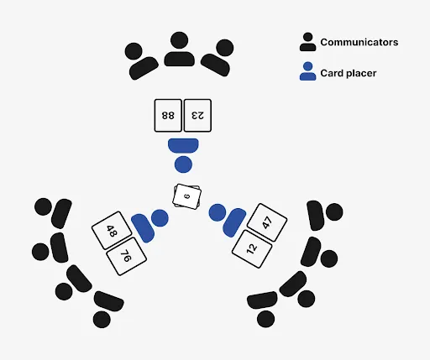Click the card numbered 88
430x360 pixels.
[168, 115]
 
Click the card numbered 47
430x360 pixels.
[267, 222]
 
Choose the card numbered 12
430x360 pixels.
[252, 248]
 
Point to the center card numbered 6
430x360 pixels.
[187, 196]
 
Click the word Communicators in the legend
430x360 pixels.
[359, 42]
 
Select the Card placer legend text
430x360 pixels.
[349, 73]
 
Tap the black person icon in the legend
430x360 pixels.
[308, 43]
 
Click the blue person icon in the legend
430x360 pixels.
[308, 72]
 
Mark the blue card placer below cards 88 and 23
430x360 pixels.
[183, 154]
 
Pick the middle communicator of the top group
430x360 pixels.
[178, 51]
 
